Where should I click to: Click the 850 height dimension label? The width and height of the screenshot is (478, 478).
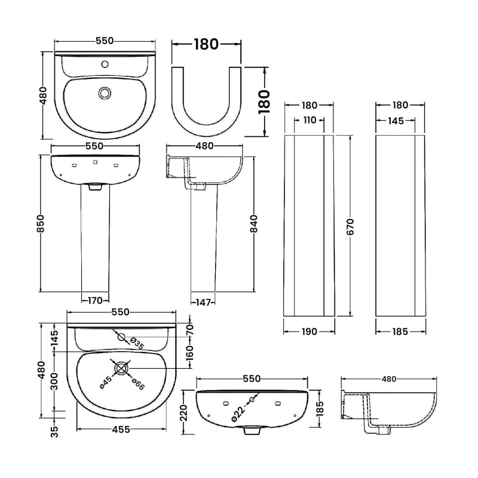(41, 225)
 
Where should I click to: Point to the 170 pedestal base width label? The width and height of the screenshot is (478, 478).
(96, 300)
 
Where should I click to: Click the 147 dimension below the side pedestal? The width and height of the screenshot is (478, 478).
(204, 302)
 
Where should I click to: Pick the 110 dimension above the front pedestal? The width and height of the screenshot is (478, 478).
(310, 120)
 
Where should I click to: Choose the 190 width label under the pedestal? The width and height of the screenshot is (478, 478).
(309, 331)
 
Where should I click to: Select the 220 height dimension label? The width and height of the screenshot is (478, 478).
(185, 412)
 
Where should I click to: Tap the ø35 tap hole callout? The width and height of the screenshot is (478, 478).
(136, 344)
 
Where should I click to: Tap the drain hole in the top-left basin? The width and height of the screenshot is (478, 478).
(105, 93)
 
